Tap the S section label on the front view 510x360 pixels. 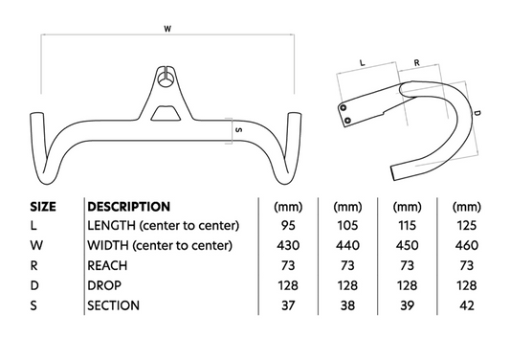pos(237,129)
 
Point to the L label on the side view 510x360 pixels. pos(362,60)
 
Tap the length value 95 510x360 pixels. pos(284,226)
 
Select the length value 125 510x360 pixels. pos(469,226)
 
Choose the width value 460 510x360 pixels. pos(469,246)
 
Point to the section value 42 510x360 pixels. pos(469,306)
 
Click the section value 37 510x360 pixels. pos(284,306)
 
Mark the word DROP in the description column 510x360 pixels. pos(104,286)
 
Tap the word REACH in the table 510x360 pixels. pos(106,266)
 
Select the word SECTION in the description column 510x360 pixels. pos(113,306)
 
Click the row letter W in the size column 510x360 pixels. pos(35,246)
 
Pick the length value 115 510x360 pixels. pos(409,226)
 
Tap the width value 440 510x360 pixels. pos(346,246)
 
